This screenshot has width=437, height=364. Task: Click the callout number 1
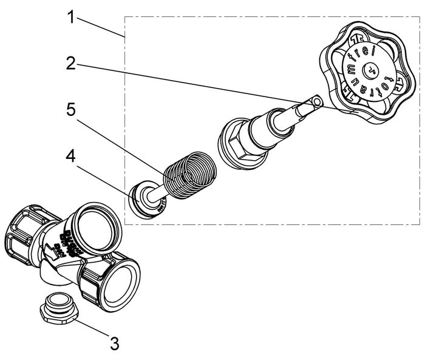pyautogui.click(x=72, y=16)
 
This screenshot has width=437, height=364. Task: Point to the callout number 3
pyautogui.click(x=113, y=343)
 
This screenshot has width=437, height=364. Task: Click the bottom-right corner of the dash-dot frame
pyautogui.click(x=419, y=224)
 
